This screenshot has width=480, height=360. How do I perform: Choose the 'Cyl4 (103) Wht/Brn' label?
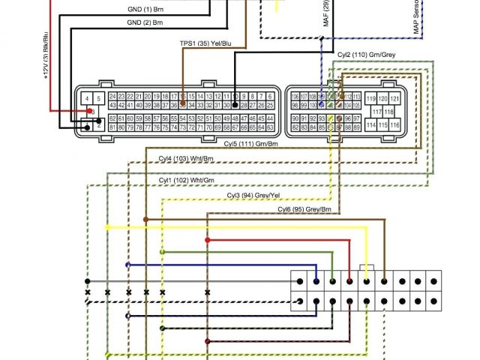pos(186,158)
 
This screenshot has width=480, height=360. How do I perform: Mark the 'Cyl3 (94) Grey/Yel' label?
pos(255,195)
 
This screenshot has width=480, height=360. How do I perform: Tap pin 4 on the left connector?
pos(88,99)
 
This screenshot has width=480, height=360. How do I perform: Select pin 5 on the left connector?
pos(98,99)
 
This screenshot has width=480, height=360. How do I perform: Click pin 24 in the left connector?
pos(112,97)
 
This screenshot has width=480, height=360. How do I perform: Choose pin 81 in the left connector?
pos(112,128)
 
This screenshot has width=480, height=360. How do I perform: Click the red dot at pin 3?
pos(91,112)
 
